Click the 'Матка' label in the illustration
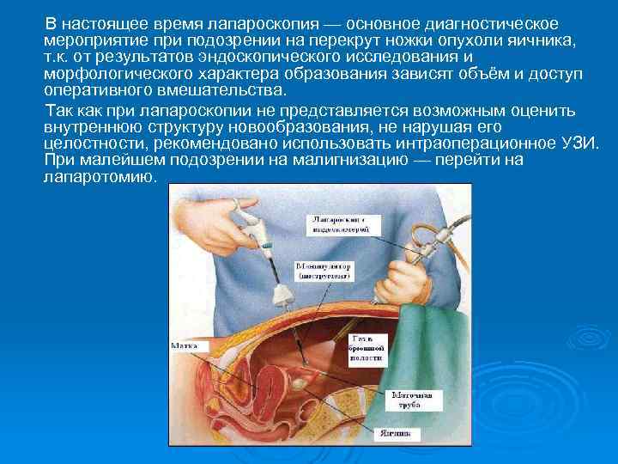click(184, 345)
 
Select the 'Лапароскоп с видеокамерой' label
click(341, 224)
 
